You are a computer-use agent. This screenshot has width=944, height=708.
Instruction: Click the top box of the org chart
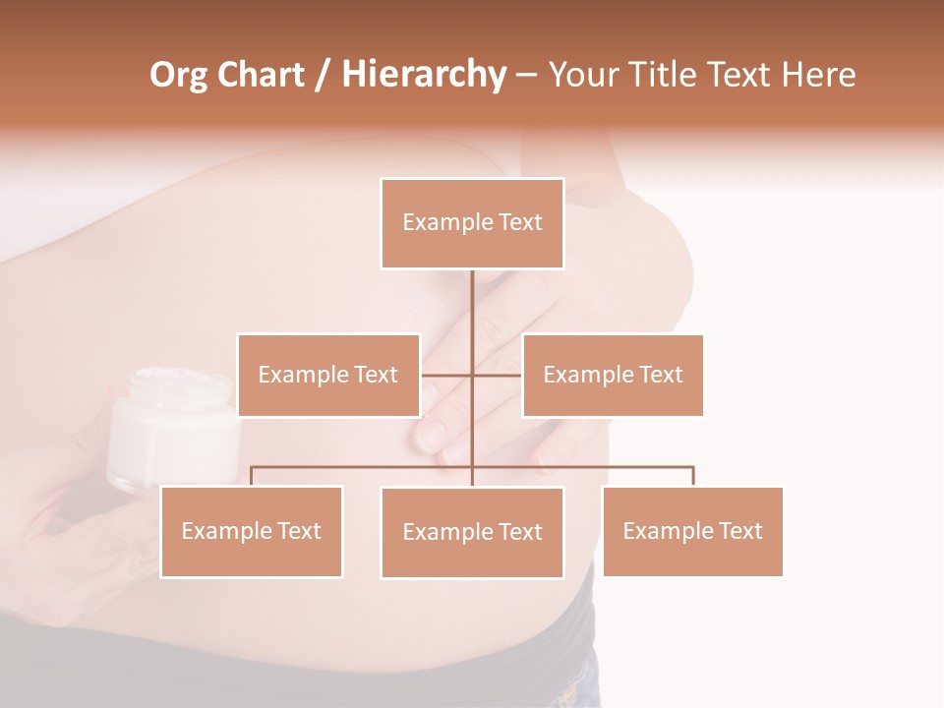pos(472,223)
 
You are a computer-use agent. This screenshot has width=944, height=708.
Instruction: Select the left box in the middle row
pos(328,375)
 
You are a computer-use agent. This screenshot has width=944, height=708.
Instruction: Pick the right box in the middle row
pos(613,375)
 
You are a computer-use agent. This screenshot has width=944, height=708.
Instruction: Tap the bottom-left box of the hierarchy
pos(251,531)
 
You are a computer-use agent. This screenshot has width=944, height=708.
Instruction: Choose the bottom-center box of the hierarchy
pos(472,532)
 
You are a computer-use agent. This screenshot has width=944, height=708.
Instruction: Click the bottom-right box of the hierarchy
pos(692,531)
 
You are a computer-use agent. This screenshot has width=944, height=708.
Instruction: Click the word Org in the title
pos(178,75)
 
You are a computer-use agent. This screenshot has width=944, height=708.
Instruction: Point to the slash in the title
pos(323,76)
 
